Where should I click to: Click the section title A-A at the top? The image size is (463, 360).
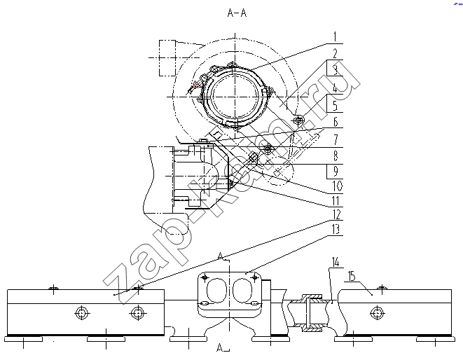click(x=237, y=13)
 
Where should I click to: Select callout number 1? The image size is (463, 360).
click(x=335, y=37)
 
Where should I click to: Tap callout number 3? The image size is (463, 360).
click(x=335, y=71)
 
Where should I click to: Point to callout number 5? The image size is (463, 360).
click(x=335, y=106)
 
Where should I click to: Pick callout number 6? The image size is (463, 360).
click(x=335, y=122)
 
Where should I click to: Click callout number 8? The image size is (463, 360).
click(x=335, y=155)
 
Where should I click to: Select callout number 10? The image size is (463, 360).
click(x=337, y=186)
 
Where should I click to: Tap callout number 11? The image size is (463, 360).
click(x=336, y=201)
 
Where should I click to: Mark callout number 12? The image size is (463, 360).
click(x=337, y=215)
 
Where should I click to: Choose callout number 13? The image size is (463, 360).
click(x=337, y=229)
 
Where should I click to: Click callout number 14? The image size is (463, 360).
click(x=336, y=262)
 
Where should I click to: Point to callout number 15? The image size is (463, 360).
click(x=352, y=276)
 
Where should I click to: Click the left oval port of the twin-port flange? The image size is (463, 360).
click(x=217, y=290)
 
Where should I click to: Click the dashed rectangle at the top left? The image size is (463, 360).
click(x=167, y=58)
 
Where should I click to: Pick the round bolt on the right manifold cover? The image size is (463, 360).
click(x=377, y=313)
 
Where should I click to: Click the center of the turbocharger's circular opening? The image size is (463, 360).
click(x=235, y=96)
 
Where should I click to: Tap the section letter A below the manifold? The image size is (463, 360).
click(x=220, y=348)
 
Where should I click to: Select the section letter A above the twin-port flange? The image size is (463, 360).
click(x=220, y=256)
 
